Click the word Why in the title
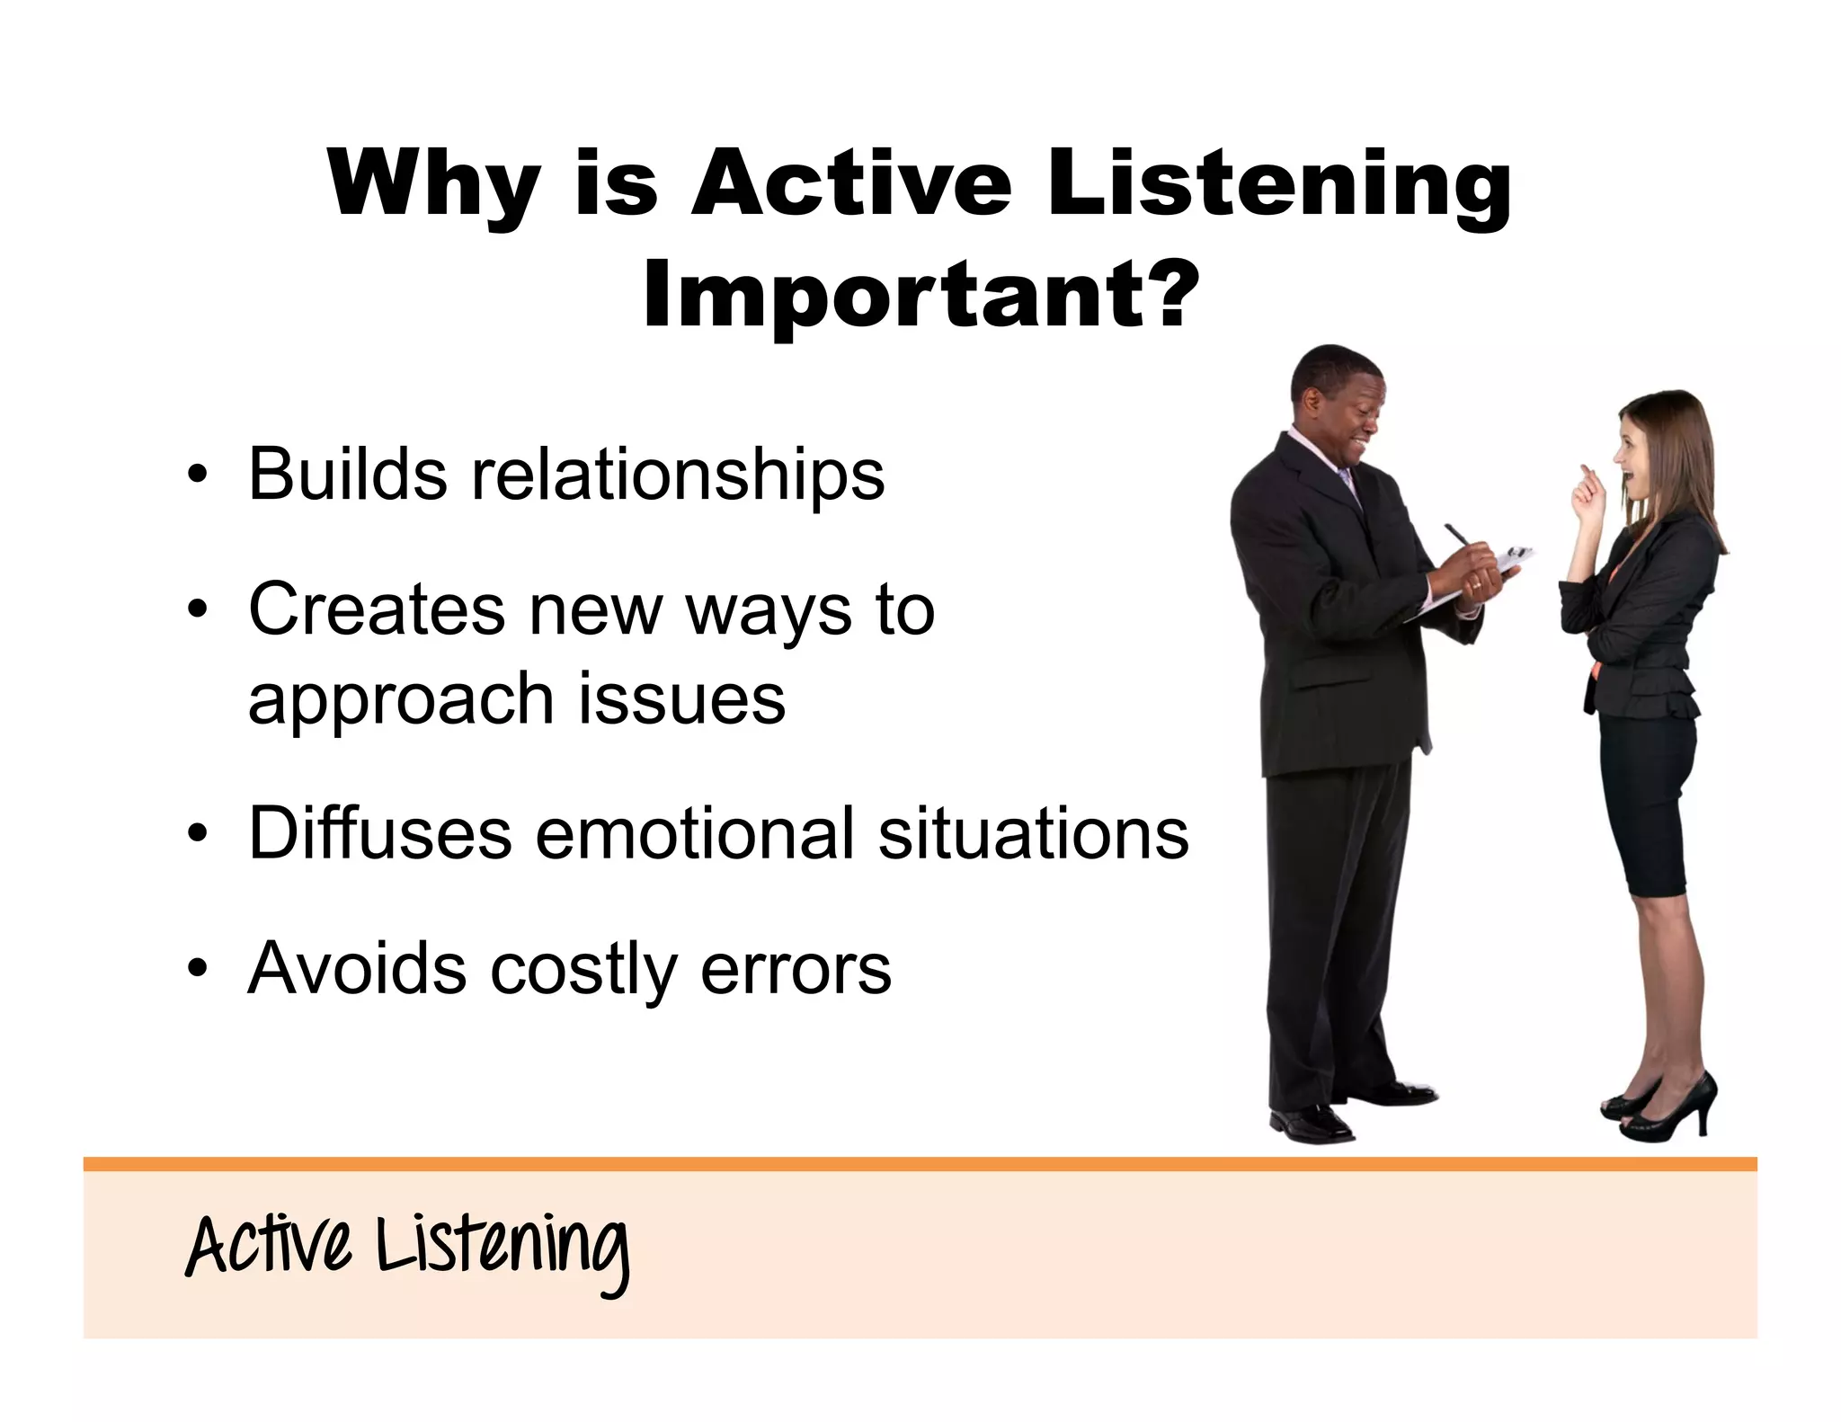tap(433, 186)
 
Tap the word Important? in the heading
tap(920, 294)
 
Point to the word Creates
tap(376, 609)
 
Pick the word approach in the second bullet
tap(400, 701)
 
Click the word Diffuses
tap(379, 833)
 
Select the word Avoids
tap(357, 968)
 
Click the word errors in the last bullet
tap(796, 970)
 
